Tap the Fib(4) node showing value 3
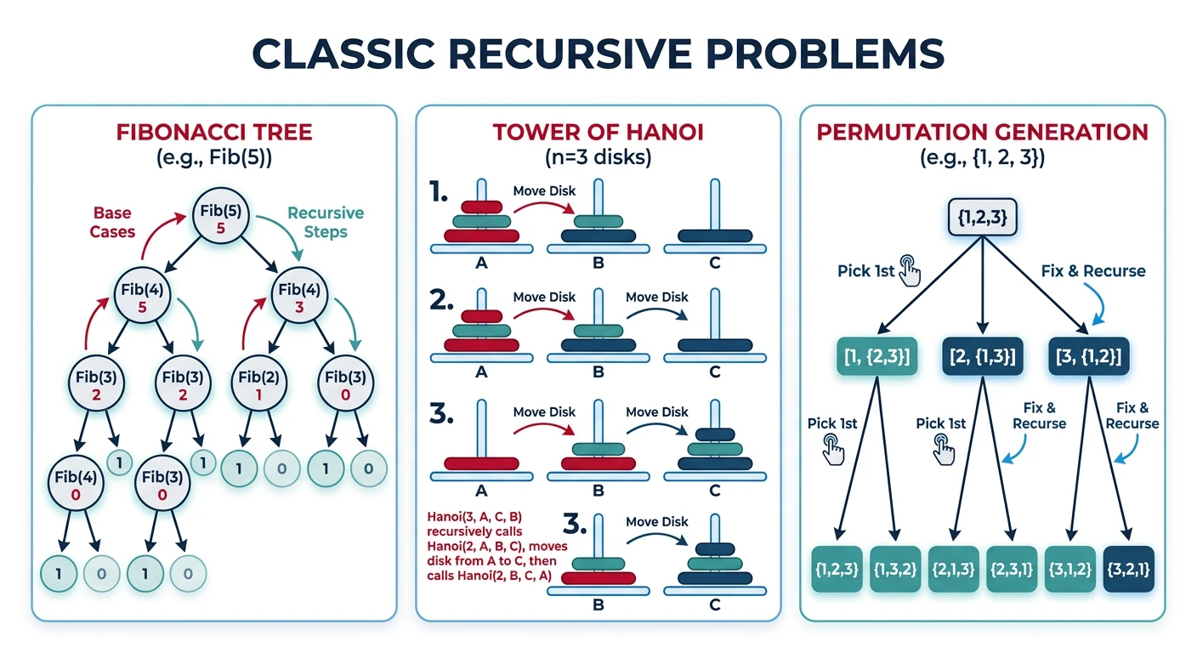click(x=299, y=293)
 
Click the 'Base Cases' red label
click(x=114, y=222)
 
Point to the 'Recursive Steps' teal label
click(x=326, y=223)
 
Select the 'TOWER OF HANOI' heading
click(x=598, y=133)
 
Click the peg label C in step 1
click(x=714, y=264)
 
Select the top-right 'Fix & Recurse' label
click(x=1093, y=271)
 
